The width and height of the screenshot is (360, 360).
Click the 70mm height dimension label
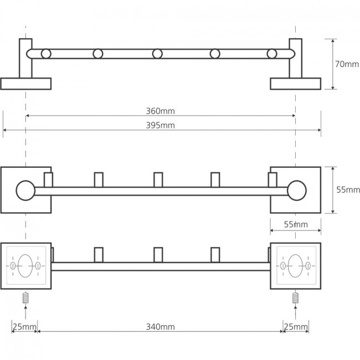347,64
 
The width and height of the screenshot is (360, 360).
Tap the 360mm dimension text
160,111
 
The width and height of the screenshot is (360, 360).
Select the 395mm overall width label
160,125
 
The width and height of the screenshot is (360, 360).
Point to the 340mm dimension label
160,327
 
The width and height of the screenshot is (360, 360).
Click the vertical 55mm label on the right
348,190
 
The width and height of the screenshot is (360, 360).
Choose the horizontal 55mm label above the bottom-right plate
296,224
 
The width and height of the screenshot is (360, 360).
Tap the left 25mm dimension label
24,327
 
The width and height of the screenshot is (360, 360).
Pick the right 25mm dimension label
296,327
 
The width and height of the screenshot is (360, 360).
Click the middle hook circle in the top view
157,54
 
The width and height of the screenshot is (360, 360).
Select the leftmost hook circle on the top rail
46,54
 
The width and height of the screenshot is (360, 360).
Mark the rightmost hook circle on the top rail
272,54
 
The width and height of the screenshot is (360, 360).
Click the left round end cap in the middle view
25,191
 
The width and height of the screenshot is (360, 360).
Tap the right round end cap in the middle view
297,191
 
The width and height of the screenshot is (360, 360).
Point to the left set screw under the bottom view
25,298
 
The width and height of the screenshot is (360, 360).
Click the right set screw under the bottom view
296,298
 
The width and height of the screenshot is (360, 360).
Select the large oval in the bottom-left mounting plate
25,266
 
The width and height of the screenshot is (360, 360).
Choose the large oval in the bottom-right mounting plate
296,266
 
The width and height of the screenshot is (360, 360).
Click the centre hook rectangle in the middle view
158,180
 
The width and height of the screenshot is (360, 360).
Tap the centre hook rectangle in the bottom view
158,255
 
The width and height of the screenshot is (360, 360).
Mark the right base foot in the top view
296,84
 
